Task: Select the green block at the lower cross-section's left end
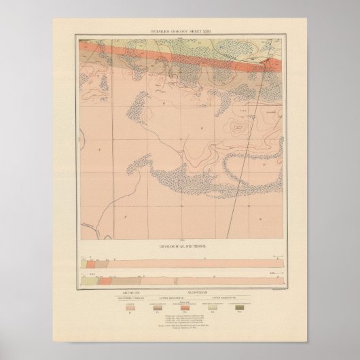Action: pyautogui.click(x=83, y=278)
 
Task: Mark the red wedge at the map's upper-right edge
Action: pyautogui.click(x=272, y=64)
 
